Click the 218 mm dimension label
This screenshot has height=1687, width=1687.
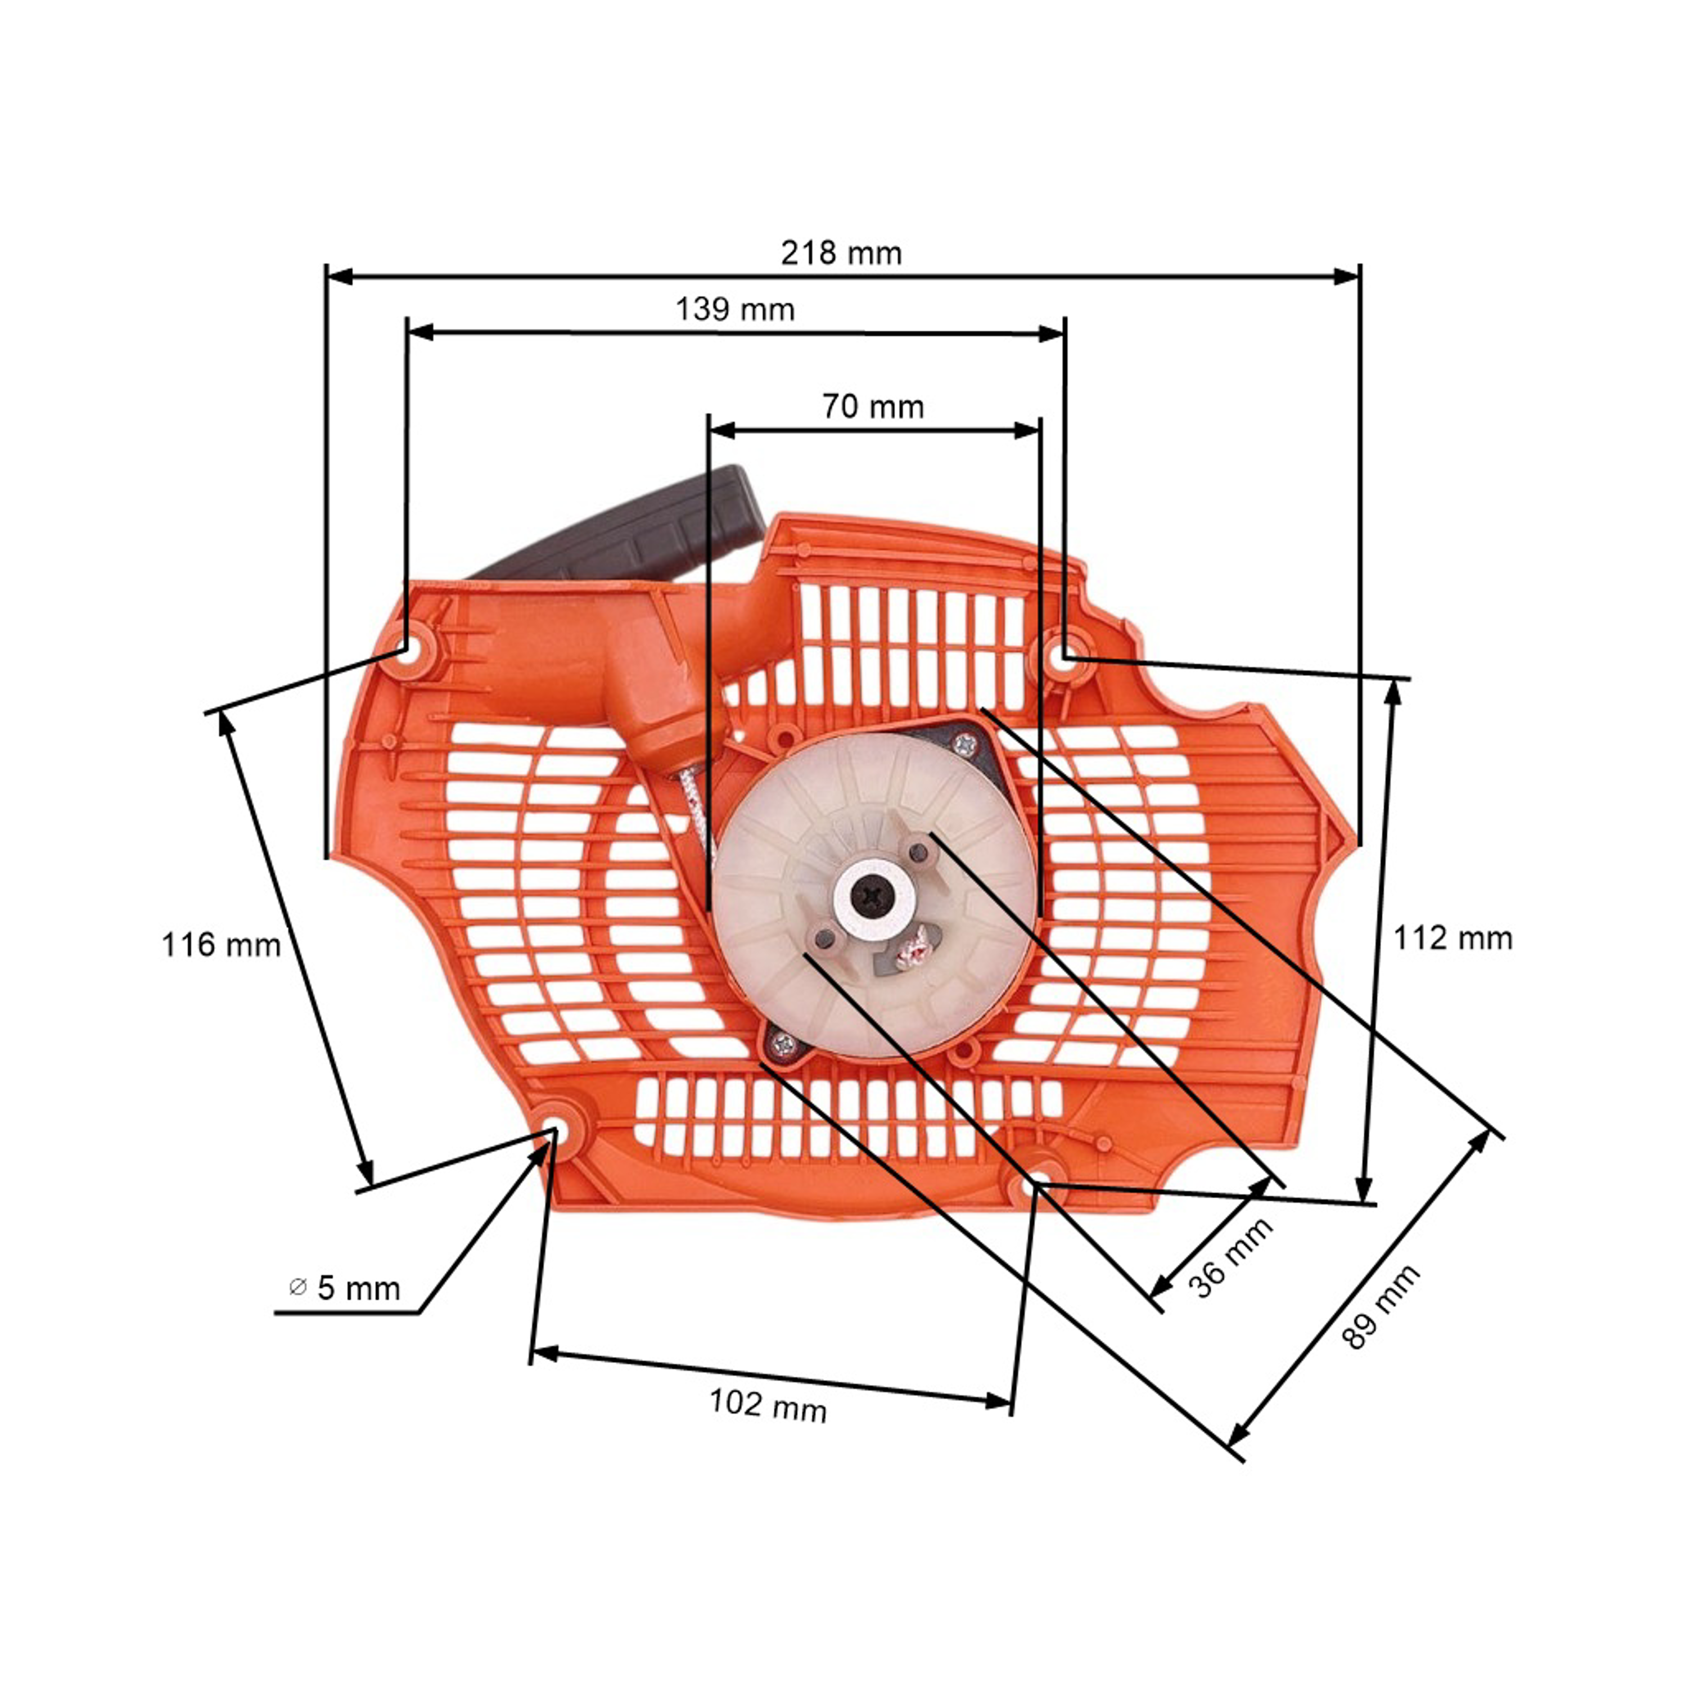point(841,253)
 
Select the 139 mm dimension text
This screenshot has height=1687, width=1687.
point(735,309)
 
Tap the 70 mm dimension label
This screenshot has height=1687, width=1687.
point(872,407)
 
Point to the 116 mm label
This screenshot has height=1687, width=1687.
point(221,945)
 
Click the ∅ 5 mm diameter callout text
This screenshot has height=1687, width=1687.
point(344,1288)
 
